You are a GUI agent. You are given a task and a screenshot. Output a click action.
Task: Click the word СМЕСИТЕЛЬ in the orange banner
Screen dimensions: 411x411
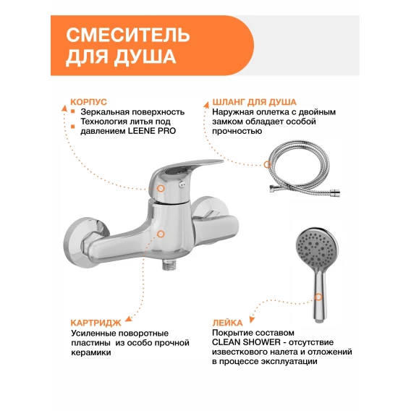pos(128,35)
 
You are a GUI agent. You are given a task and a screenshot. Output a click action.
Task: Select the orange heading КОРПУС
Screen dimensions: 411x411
pos(88,102)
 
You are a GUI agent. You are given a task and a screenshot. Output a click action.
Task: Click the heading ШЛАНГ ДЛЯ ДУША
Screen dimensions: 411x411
pos(254,102)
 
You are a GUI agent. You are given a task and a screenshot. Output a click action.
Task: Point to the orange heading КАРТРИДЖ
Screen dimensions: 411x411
pos(96,323)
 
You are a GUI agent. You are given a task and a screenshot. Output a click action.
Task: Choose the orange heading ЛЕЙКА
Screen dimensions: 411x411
pos(227,323)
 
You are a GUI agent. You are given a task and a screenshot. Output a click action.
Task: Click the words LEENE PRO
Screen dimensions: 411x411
pos(152,131)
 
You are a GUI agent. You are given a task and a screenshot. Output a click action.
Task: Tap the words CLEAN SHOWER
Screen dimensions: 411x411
pos(246,342)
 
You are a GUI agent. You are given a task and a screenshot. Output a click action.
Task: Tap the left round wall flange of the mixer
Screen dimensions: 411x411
pos(85,241)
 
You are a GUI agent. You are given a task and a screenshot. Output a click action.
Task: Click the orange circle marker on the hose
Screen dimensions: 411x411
pos(267,164)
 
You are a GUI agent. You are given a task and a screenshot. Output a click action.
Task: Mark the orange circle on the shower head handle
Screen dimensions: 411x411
pos(318,297)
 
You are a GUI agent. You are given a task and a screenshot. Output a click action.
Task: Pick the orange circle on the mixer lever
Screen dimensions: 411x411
pos(161,188)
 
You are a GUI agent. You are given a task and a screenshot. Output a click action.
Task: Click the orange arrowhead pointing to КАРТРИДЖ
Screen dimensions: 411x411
pos(129,319)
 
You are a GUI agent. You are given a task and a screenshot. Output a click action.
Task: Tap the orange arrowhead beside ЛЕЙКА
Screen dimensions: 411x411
pos(252,319)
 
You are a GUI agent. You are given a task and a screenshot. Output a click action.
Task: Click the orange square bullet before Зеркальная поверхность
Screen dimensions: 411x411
pos(73,111)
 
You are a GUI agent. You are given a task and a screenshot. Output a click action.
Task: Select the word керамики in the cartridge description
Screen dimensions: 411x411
pos(91,353)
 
